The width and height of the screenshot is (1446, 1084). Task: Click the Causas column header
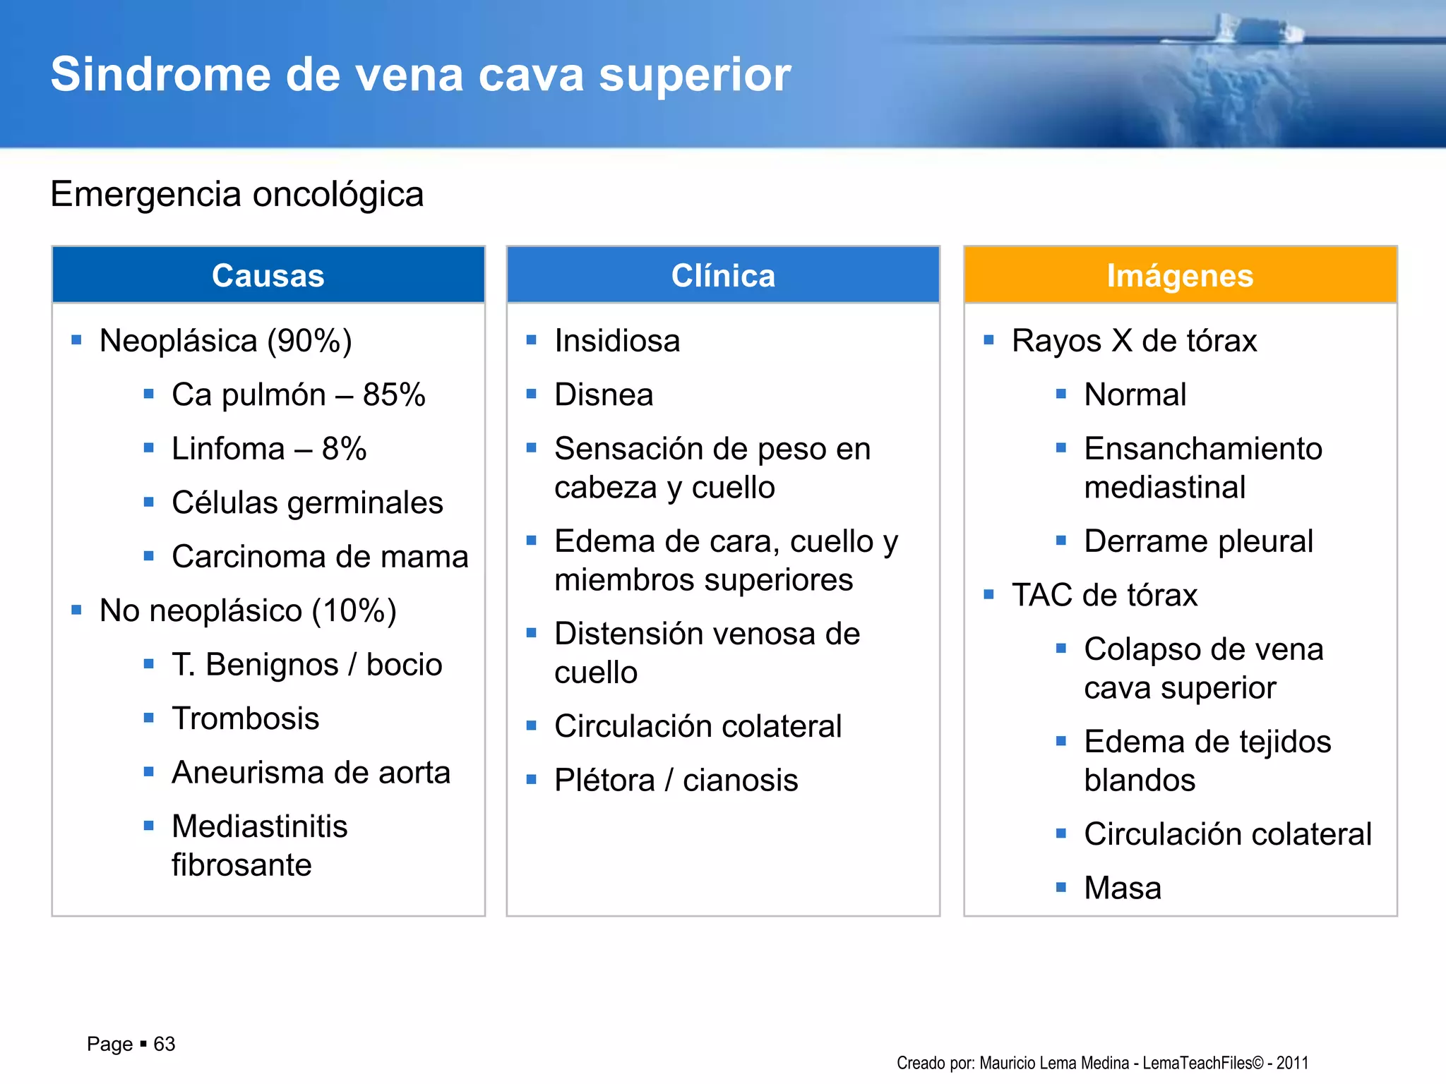coord(268,275)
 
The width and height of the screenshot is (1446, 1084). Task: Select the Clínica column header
coord(723,275)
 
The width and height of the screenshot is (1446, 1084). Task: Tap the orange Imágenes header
coord(1180,275)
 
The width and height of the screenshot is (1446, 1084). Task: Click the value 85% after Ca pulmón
coord(394,395)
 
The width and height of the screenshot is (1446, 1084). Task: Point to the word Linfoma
coord(228,449)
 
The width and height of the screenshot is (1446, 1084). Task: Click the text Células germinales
coord(307,502)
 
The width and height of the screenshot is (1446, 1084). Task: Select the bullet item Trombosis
coord(245,718)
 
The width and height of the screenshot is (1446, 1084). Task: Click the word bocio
coord(404,665)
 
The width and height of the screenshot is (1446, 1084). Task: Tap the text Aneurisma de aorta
coord(311,772)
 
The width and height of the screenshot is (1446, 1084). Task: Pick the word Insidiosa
coord(617,341)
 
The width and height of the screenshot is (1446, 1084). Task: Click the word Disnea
coord(604,395)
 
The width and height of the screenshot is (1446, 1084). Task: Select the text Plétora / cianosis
coord(676,781)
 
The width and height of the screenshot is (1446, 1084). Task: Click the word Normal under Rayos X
coord(1135,395)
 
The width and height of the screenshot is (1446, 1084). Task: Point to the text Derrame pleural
coord(1198,541)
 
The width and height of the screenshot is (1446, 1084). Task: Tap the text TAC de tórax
coord(1104,595)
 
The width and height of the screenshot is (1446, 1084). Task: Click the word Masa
coord(1122,888)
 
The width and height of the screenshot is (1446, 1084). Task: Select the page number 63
coord(164,1044)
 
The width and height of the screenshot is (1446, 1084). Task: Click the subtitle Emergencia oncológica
coord(237,194)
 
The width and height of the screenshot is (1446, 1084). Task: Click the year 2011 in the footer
coord(1292,1063)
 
